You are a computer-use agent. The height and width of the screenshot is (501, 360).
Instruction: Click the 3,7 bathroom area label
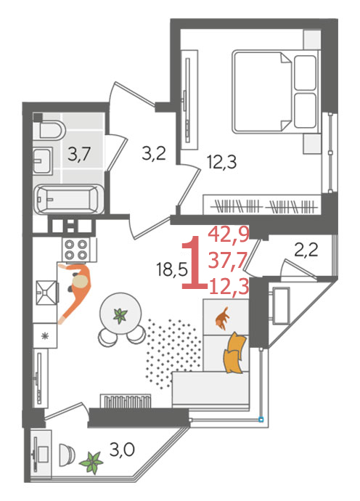pos(80,154)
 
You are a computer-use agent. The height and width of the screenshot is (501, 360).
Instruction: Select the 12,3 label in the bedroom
pos(221,162)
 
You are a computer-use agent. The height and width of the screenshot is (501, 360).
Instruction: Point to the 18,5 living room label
pos(172,269)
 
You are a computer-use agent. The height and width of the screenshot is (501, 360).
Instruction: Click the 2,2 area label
pos(306,250)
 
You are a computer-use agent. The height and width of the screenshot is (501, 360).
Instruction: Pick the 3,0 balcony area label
pos(122,450)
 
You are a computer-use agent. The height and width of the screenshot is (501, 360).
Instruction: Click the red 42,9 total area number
pos(229,235)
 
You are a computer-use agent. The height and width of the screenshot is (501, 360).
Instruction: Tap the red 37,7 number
pos(228,261)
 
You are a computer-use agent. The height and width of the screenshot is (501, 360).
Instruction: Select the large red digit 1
pos(194,264)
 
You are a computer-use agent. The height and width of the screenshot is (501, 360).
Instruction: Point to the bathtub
pos(69,200)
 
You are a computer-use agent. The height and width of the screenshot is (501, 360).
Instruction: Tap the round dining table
pos(120,314)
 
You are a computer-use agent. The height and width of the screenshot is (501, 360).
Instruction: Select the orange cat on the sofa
pos(223,318)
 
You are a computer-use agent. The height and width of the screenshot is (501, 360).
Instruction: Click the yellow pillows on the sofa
pos(235,353)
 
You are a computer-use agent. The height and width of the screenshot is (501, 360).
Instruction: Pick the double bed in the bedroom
pos(276,91)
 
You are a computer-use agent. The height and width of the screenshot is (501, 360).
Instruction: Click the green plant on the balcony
pos(91,462)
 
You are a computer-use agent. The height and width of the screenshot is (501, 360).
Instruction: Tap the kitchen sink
pos(47,293)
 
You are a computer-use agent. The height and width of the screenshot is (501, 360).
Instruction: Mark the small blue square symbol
pos(261,419)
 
